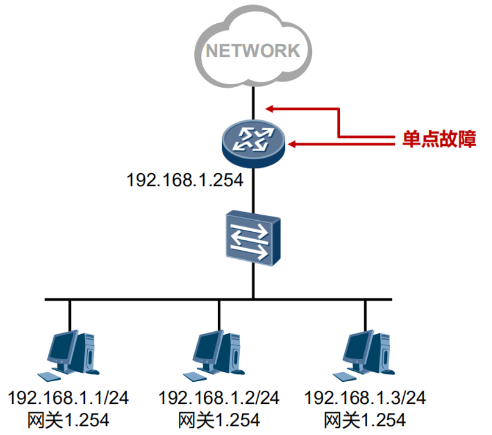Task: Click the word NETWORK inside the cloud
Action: pyautogui.click(x=253, y=50)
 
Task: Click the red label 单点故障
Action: pyautogui.click(x=439, y=139)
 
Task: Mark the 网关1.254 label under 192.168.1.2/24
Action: pyautogui.click(x=219, y=419)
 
